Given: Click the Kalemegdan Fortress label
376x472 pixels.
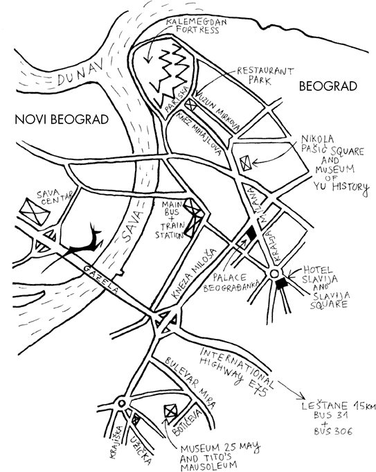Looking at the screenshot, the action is (x=197, y=26).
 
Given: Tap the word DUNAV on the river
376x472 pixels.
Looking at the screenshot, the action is (x=80, y=73).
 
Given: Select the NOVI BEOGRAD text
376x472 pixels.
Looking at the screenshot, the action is (x=62, y=119).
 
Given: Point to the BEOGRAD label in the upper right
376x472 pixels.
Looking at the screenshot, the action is (x=328, y=87).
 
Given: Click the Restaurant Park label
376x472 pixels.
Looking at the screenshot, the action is (x=265, y=76).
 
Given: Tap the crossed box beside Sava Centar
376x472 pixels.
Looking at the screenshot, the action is (x=34, y=211).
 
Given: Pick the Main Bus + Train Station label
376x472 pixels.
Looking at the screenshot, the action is (x=170, y=220).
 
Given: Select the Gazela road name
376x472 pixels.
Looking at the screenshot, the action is (x=102, y=281).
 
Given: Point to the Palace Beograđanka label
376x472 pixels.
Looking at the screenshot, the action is (x=231, y=283).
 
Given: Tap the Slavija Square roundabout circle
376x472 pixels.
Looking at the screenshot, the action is (x=274, y=274).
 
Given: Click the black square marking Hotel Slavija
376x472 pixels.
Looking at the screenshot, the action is (x=282, y=284).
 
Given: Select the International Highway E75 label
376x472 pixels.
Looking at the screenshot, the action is (x=238, y=372).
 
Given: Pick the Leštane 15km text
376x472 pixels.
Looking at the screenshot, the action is (x=339, y=406).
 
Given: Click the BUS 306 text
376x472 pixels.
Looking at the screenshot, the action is (x=333, y=431).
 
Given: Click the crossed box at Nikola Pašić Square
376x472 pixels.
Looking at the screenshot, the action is (x=245, y=164).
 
